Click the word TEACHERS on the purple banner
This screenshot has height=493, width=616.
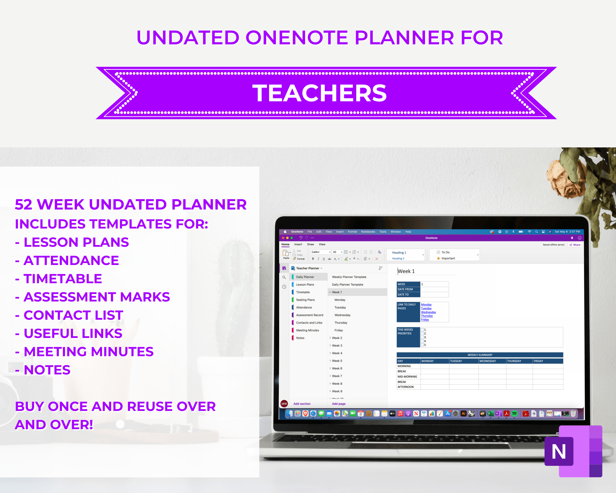point(319,93)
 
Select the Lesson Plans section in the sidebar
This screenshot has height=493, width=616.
point(305,285)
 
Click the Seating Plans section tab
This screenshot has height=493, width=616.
point(305,300)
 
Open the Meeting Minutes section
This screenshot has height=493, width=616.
point(308,330)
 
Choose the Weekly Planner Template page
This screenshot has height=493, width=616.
point(349,277)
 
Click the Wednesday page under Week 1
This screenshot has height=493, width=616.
point(342,315)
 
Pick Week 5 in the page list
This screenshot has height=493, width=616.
point(337,361)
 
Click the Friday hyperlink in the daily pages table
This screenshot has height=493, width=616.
point(425,320)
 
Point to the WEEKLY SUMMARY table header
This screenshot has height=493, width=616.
point(480,355)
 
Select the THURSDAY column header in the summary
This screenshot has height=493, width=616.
point(514,361)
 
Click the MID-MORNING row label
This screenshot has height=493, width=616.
point(407,377)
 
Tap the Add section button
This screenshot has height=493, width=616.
point(302,404)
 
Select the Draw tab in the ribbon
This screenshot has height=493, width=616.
point(310,244)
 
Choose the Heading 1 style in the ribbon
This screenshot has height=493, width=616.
point(399,253)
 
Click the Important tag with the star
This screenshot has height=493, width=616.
point(448,258)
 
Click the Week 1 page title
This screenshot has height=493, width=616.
point(406,271)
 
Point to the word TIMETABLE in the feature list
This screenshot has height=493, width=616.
point(63,279)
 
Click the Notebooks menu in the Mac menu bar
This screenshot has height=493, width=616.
point(368,232)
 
